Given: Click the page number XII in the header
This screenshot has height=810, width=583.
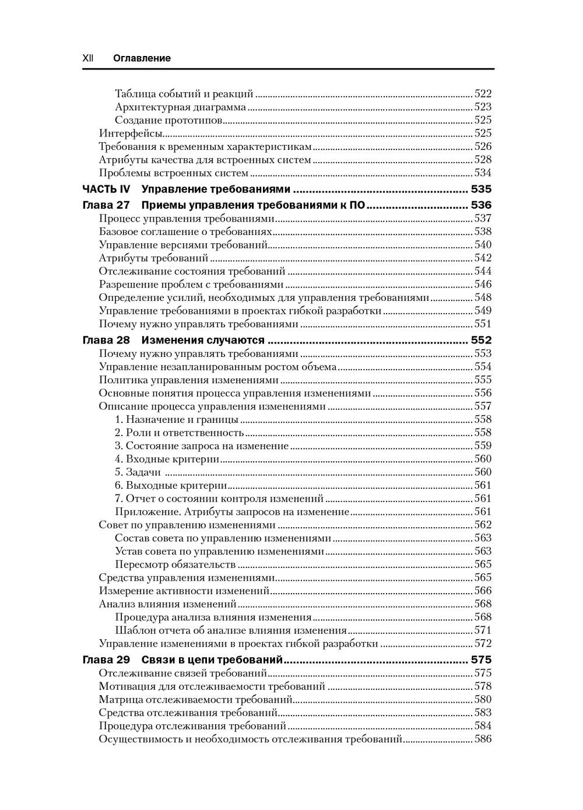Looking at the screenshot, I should tap(88, 58).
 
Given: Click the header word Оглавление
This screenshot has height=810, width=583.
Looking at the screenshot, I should tap(142, 58).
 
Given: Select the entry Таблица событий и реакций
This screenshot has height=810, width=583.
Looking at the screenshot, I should tap(184, 93).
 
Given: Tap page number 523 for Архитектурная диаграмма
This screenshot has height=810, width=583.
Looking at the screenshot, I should tap(483, 107).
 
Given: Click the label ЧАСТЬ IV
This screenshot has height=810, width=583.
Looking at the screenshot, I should tap(106, 189).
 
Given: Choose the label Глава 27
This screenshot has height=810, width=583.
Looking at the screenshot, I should tap(106, 205).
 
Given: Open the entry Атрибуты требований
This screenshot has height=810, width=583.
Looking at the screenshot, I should tap(153, 258).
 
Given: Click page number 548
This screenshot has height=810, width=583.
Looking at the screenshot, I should tap(483, 297).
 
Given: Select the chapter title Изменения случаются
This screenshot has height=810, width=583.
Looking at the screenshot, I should tap(203, 341).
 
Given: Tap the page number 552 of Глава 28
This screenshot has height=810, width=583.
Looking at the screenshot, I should tap(481, 341).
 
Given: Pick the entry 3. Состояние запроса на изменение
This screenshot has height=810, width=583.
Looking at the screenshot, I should tap(202, 446).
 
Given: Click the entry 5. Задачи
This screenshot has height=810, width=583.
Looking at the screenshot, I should tap(138, 472).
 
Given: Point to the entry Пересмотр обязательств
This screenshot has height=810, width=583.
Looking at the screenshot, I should tap(175, 564).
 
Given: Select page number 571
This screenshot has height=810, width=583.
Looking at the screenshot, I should tap(483, 630).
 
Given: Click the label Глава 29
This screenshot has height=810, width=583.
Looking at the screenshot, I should tap(106, 660).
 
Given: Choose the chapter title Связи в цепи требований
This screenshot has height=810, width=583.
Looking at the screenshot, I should tap(212, 660).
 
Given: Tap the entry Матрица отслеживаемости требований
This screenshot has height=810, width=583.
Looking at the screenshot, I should tap(195, 700).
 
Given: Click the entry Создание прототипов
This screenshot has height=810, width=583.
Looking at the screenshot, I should tap(169, 120).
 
